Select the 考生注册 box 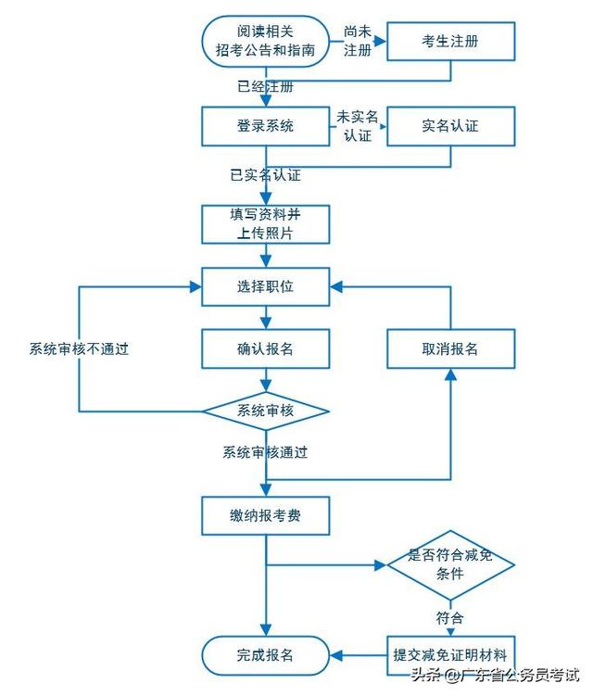coord(450,41)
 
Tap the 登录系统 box coord(266,126)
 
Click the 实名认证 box coord(450,126)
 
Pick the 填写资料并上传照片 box coord(266,223)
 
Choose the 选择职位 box coord(266,286)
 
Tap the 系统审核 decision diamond coord(266,411)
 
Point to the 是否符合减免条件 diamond coord(450,565)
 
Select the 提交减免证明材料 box coord(450,654)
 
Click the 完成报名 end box coord(266,654)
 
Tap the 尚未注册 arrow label coord(358,41)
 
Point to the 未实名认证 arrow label coord(358,126)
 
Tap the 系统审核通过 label coord(265,452)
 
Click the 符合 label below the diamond coord(450,616)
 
